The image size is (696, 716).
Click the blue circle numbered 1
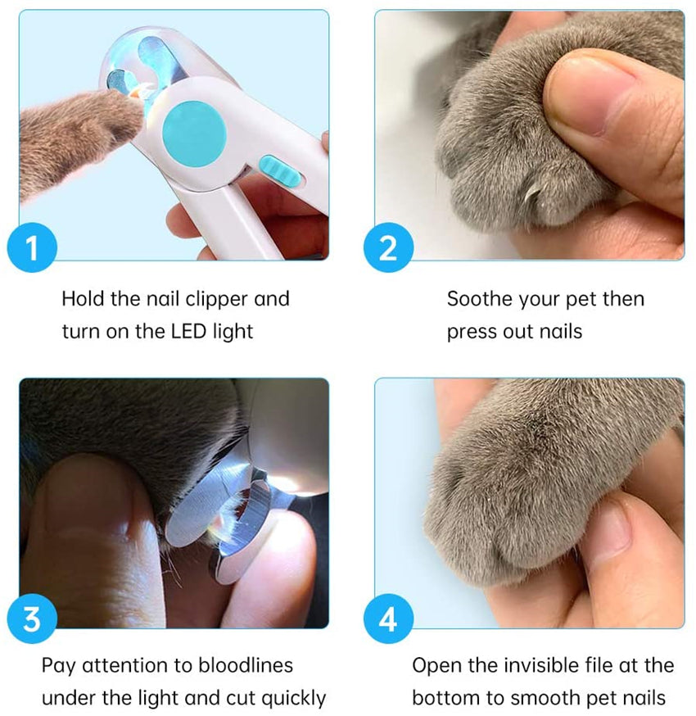click(x=32, y=247)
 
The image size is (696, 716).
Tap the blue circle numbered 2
click(x=388, y=247)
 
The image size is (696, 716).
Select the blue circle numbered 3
click(x=32, y=619)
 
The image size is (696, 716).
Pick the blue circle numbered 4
click(x=388, y=619)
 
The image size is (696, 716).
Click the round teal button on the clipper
click(x=194, y=134)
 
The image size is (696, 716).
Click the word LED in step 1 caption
click(x=189, y=332)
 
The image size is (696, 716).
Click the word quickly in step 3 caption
click(x=294, y=699)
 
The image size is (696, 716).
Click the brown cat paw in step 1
click(x=78, y=137)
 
